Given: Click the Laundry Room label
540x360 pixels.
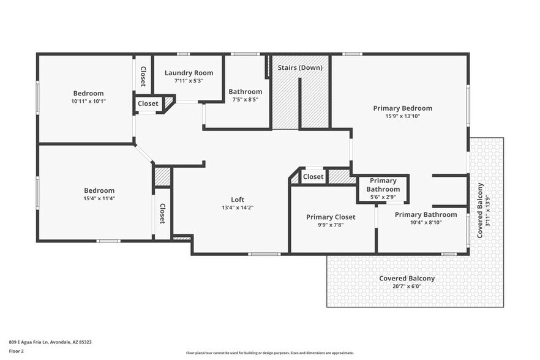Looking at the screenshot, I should coord(189,73).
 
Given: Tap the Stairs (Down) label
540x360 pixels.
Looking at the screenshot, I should coord(300,67).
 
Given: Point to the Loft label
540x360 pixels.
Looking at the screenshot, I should coord(238,200).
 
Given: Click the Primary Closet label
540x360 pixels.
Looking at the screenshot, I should coord(331,217).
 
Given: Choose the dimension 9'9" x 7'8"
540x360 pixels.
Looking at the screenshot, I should coord(331,225).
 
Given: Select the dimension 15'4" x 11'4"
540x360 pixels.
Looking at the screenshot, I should coord(99,198).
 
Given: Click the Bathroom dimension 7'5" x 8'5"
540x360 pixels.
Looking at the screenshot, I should coord(246,100).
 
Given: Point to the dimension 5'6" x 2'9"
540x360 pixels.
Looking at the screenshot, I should coord(383,197).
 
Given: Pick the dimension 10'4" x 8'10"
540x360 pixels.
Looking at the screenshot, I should coord(426,222).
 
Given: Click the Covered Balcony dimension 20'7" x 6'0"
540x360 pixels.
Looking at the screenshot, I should coord(407,286).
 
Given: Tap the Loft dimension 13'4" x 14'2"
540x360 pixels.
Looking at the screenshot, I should coord(238,208).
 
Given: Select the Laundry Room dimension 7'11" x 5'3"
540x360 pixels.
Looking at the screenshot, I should coord(189,80).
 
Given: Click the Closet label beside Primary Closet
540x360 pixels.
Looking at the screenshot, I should coord(313,177).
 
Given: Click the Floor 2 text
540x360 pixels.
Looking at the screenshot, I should coord(17,351).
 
